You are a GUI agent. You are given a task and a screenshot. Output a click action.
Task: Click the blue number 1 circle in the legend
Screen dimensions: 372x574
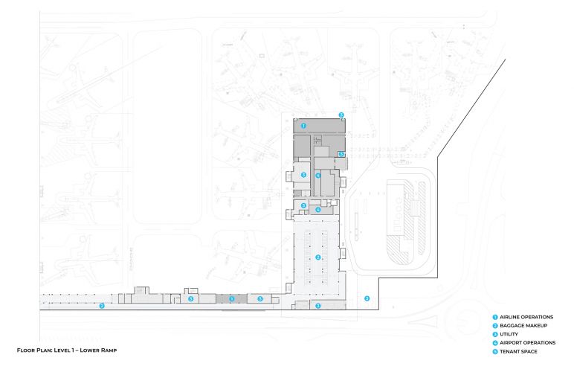coord(494,317)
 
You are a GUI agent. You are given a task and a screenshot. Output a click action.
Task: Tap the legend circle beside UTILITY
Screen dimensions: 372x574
coord(494,334)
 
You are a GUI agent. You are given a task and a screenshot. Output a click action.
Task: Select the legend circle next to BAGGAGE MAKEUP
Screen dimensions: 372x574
coord(494,326)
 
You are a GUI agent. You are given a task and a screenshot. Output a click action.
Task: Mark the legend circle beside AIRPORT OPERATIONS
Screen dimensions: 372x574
coord(494,342)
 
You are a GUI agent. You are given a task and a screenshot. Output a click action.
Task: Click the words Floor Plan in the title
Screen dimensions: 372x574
coord(34,350)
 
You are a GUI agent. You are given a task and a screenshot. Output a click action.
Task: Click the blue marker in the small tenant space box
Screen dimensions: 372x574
coord(341,154)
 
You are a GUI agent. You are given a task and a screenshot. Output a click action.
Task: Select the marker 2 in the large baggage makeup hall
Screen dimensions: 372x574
coord(318,257)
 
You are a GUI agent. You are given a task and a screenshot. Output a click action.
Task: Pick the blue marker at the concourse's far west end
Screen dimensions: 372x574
coord(102,305)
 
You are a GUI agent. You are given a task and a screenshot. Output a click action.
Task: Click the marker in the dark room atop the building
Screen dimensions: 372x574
coord(303,126)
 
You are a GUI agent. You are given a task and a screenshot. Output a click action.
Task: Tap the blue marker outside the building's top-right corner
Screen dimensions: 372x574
coord(341,115)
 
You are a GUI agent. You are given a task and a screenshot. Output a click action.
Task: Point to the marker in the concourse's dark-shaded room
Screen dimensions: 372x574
coord(231,299)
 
